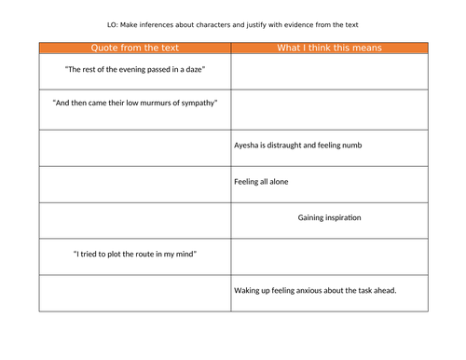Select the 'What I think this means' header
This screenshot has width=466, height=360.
coord(329,48)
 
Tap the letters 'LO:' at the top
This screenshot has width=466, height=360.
coord(114,24)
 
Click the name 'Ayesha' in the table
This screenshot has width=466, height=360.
coord(247,145)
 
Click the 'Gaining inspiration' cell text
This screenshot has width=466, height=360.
coord(329,217)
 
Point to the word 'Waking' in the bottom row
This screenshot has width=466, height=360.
coord(249,290)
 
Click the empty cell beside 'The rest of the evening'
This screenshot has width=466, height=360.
coord(329,72)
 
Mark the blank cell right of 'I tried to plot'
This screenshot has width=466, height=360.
coord(329,256)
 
